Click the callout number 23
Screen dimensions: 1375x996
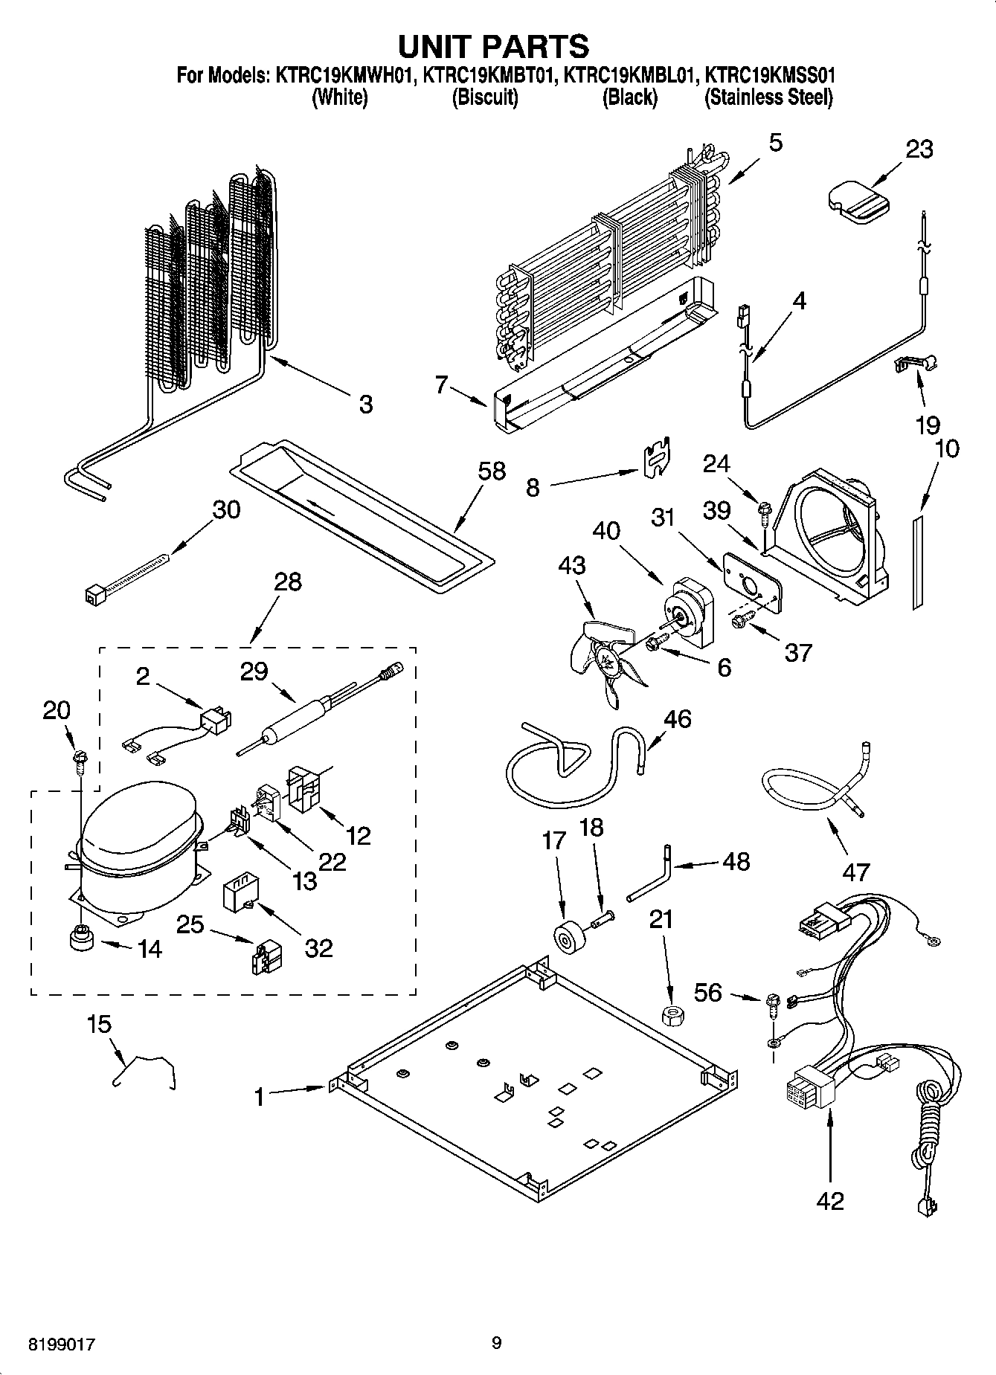tap(919, 149)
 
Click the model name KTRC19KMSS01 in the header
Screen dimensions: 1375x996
tap(769, 75)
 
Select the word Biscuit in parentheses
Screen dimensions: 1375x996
tap(485, 97)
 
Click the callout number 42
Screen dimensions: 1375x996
tap(830, 1201)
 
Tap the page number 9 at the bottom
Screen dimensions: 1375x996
tap(496, 1342)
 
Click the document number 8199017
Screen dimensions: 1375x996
tap(62, 1344)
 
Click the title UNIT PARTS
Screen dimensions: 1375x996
tap(493, 46)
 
